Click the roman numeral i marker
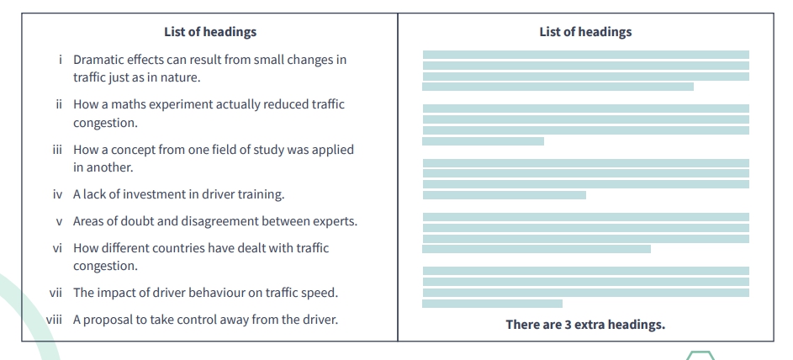click(x=61, y=60)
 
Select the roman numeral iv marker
click(x=59, y=194)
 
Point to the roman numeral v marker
click(x=60, y=221)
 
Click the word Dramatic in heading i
click(x=100, y=60)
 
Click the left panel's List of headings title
click(x=210, y=32)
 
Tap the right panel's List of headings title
click(x=585, y=32)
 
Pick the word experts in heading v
click(x=334, y=221)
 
